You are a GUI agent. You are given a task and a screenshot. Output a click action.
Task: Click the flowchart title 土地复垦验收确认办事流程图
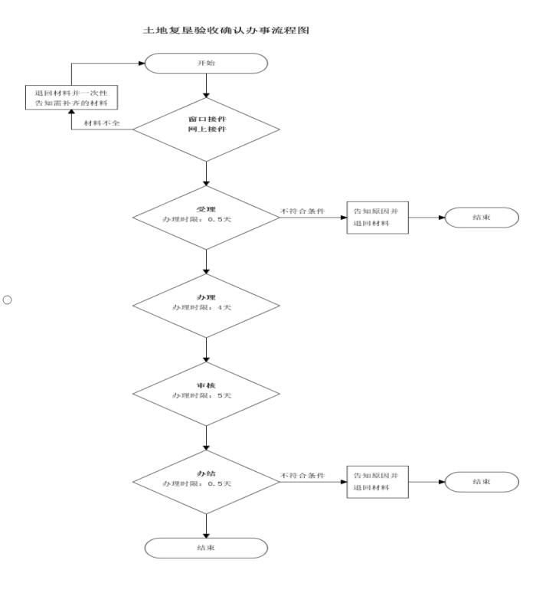[x=226, y=30]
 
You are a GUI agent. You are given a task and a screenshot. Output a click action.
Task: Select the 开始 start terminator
[x=206, y=63]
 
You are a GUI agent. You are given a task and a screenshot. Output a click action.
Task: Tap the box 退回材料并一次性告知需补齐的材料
[x=71, y=98]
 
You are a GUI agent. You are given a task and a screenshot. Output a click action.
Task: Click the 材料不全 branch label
[x=101, y=123]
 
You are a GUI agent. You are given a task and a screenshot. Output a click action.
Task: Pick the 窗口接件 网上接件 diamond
[x=206, y=129]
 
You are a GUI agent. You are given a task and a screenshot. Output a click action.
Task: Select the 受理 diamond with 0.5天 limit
[x=206, y=218]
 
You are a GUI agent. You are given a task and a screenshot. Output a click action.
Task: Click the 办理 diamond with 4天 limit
[x=206, y=306]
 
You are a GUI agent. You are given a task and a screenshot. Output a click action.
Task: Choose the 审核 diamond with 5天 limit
[x=206, y=395]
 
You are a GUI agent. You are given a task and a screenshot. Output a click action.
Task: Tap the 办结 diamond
[x=206, y=482]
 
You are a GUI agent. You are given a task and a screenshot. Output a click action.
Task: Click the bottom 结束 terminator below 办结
[x=206, y=548]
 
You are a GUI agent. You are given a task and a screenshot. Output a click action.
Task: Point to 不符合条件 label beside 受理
[x=302, y=211]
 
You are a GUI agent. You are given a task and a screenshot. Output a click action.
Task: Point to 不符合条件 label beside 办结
[x=302, y=476]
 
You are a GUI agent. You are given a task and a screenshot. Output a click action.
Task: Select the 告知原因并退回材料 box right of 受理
[x=377, y=218]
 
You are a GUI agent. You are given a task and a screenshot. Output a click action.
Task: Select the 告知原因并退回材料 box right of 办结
[x=377, y=482]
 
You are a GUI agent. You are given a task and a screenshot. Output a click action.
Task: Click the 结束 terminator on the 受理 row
[x=482, y=218]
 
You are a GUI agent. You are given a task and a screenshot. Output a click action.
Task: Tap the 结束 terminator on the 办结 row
[x=482, y=482]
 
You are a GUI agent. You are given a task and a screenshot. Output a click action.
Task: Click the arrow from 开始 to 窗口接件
[x=206, y=86]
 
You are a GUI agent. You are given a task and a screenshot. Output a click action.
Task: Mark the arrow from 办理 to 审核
[x=206, y=350]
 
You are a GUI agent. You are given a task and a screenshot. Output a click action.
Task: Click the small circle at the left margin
[x=7, y=300]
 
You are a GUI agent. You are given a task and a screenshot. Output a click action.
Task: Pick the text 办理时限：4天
[x=201, y=307]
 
